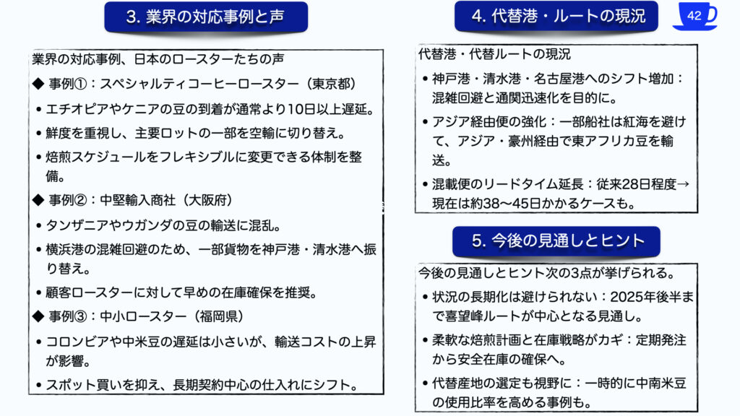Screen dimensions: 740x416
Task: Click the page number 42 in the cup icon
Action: point(694,16)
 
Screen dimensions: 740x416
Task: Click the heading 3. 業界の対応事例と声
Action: point(205,17)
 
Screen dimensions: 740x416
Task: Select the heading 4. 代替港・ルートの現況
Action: point(559,16)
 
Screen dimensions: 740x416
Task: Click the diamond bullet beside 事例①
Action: point(38,84)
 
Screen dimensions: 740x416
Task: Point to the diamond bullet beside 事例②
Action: point(38,200)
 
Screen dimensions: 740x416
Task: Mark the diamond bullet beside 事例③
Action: point(38,316)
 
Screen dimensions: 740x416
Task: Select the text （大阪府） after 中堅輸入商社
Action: point(207,200)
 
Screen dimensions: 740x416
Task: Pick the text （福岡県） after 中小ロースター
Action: point(220,316)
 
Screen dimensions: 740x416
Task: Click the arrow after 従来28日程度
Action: point(683,184)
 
